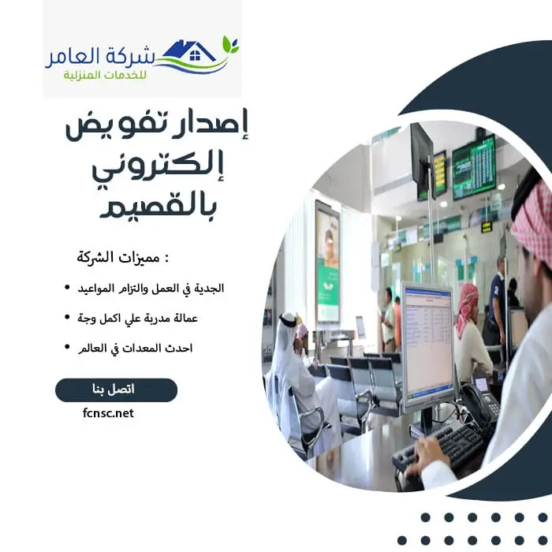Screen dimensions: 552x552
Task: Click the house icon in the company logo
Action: point(195,53)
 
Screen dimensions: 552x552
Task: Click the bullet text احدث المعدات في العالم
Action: point(148,347)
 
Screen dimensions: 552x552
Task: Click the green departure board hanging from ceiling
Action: point(473,166)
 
